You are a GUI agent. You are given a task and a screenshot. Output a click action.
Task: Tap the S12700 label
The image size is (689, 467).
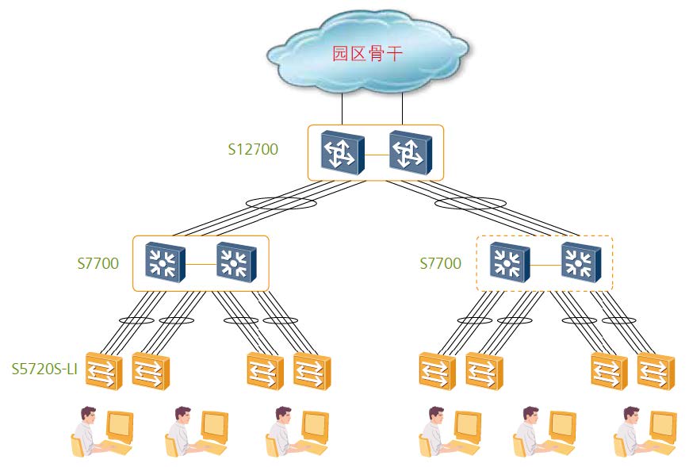click(253, 148)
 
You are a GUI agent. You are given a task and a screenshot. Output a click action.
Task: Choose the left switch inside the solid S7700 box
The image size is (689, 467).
click(165, 262)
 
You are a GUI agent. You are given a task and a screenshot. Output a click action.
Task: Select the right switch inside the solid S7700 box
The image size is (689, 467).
click(235, 262)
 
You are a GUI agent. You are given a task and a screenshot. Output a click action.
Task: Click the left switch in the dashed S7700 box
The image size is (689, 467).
click(509, 262)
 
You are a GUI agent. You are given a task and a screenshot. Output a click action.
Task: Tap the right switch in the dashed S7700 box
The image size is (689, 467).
click(580, 262)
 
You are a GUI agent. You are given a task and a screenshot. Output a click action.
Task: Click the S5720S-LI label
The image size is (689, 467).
click(44, 369)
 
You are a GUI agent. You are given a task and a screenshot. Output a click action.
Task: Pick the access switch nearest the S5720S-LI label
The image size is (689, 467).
click(103, 370)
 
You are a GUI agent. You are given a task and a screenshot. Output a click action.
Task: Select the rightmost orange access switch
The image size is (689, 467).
click(655, 370)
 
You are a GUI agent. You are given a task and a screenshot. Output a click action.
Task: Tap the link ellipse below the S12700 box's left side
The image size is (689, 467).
click(281, 204)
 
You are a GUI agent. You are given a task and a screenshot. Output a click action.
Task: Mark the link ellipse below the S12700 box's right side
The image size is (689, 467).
click(471, 204)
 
